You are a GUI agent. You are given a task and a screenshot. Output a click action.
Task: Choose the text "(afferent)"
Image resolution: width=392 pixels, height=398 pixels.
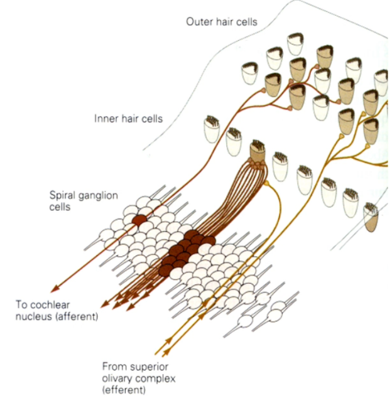77,316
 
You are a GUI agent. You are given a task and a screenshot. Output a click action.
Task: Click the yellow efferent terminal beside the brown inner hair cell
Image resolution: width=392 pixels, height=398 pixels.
266,183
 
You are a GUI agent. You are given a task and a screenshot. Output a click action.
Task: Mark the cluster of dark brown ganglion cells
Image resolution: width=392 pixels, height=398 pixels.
186,250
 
